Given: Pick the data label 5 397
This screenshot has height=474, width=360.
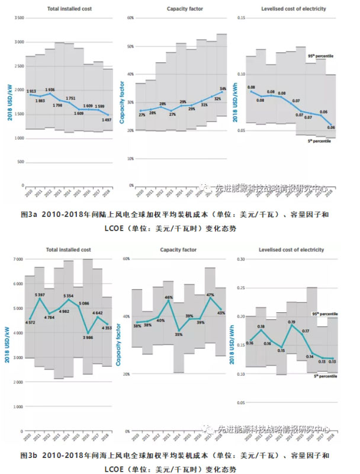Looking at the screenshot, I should click(40, 294).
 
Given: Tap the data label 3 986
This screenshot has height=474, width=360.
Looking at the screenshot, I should click(87, 337).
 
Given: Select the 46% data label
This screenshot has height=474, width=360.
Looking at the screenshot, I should click(168, 296).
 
